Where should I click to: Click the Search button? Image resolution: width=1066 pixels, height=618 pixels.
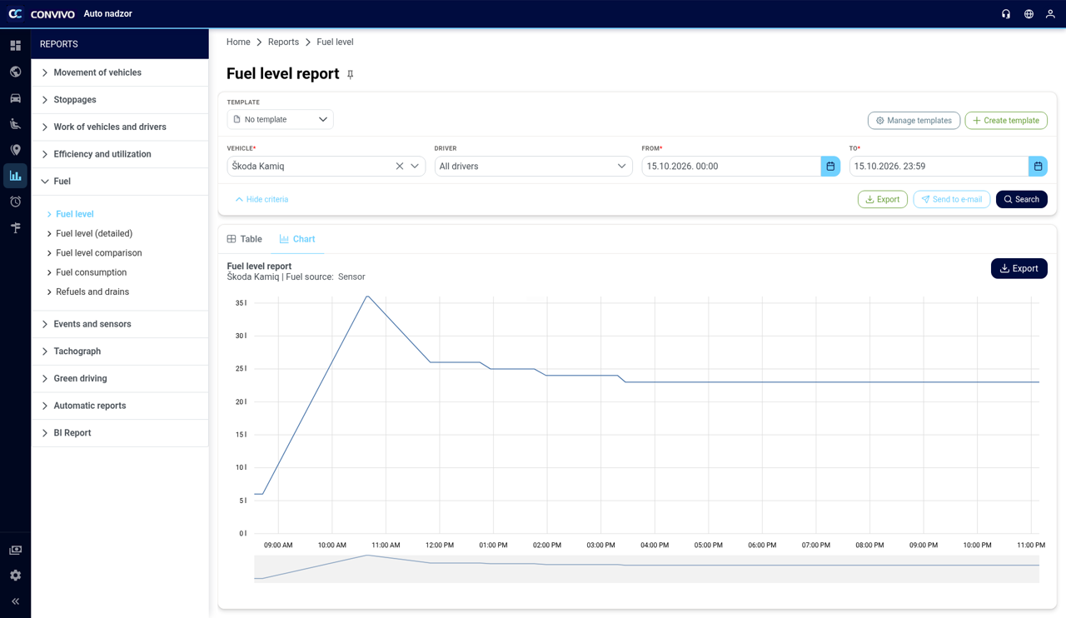pyautogui.click(x=1021, y=199)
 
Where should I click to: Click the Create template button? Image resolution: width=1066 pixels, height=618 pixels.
pyautogui.click(x=1006, y=121)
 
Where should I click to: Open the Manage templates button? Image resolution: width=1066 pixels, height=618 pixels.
pyautogui.click(x=914, y=121)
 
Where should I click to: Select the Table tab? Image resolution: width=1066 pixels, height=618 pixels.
pyautogui.click(x=245, y=239)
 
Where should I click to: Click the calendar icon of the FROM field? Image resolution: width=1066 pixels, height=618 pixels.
pyautogui.click(x=830, y=167)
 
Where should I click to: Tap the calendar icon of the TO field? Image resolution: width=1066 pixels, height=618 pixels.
pyautogui.click(x=1038, y=167)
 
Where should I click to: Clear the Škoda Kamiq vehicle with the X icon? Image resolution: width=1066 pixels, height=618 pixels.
pyautogui.click(x=400, y=167)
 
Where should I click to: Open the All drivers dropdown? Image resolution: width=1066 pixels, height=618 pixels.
pyautogui.click(x=533, y=167)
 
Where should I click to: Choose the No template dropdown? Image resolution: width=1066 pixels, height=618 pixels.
pyautogui.click(x=280, y=119)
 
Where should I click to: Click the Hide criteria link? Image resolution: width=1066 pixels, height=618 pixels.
pyautogui.click(x=262, y=200)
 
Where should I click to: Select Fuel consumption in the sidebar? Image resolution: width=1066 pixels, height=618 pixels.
pyautogui.click(x=92, y=272)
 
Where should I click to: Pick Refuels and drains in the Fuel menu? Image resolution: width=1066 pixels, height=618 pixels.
pyautogui.click(x=92, y=292)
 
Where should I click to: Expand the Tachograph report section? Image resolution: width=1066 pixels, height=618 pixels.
pyautogui.click(x=77, y=351)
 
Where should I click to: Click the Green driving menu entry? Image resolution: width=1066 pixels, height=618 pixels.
pyautogui.click(x=80, y=378)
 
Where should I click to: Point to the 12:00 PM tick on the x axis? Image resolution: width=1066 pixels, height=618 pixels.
pyautogui.click(x=440, y=545)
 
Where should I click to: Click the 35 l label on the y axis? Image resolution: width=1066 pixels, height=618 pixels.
pyautogui.click(x=241, y=303)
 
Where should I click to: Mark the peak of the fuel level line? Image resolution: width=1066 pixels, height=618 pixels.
pyautogui.click(x=367, y=297)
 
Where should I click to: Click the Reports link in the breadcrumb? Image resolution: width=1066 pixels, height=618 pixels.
pyautogui.click(x=283, y=42)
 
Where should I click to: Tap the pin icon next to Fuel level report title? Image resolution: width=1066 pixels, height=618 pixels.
pyautogui.click(x=351, y=74)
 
